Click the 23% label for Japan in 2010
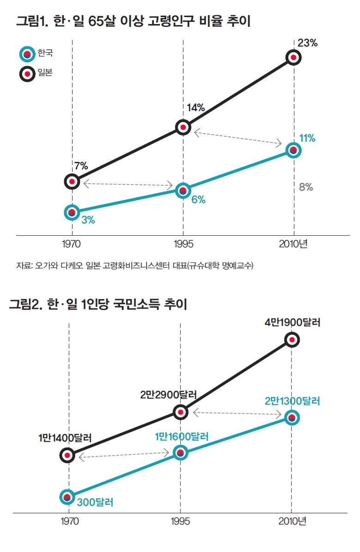pyautogui.click(x=307, y=43)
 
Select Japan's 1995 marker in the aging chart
pyautogui.click(x=183, y=127)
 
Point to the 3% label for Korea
pyautogui.click(x=88, y=220)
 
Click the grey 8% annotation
pyautogui.click(x=306, y=187)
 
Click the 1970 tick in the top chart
pyautogui.click(x=72, y=244)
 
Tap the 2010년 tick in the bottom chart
pyautogui.click(x=293, y=521)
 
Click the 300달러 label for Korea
pyautogui.click(x=95, y=502)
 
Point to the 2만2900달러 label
pyautogui.click(x=169, y=395)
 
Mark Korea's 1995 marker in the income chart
pyautogui.click(x=181, y=453)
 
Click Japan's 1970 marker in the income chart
pyautogui.click(x=68, y=455)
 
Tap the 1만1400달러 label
pyautogui.click(x=65, y=437)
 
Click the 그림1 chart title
pyautogui.click(x=134, y=21)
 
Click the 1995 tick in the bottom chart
pyautogui.click(x=181, y=521)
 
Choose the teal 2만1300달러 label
pyautogui.click(x=293, y=401)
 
